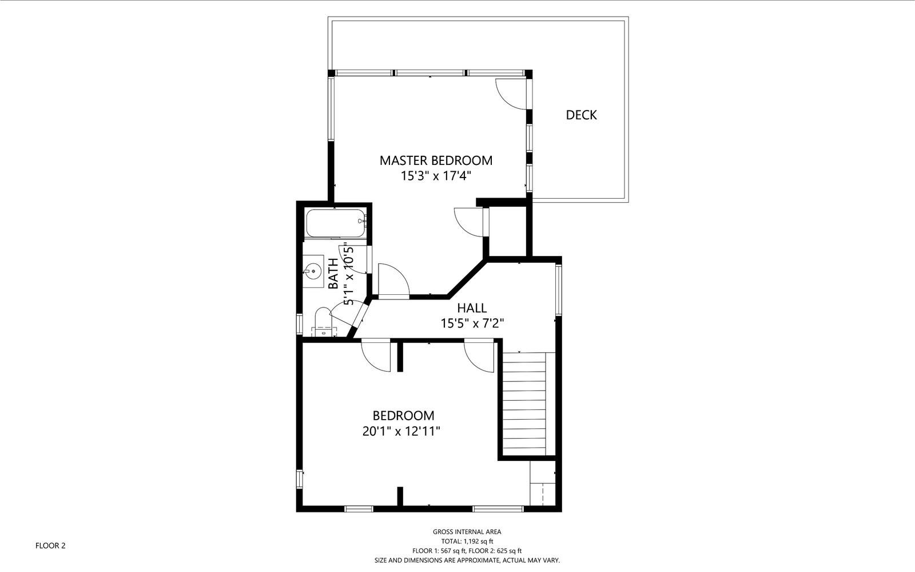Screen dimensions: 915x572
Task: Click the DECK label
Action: click(581, 115)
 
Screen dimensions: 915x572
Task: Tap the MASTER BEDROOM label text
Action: click(436, 160)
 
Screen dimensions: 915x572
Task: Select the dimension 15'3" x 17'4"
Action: click(436, 176)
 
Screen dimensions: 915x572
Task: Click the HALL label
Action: click(472, 307)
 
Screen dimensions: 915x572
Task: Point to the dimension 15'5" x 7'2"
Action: click(472, 324)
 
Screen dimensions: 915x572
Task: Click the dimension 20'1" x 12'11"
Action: click(401, 431)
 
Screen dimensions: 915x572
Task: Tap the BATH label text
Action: click(333, 274)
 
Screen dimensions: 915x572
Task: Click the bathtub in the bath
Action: click(335, 223)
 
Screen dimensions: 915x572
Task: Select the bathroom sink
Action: click(313, 270)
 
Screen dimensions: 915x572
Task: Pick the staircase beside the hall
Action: click(524, 404)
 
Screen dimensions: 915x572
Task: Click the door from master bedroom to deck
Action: click(511, 94)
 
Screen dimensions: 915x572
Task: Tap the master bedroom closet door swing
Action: click(470, 222)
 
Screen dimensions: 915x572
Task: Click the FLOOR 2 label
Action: click(50, 546)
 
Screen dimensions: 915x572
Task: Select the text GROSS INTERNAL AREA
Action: click(467, 532)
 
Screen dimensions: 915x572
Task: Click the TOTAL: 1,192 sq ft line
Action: click(467, 541)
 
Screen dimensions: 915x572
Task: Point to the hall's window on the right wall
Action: click(558, 290)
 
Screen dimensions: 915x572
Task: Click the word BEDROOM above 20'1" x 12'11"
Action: click(403, 416)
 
